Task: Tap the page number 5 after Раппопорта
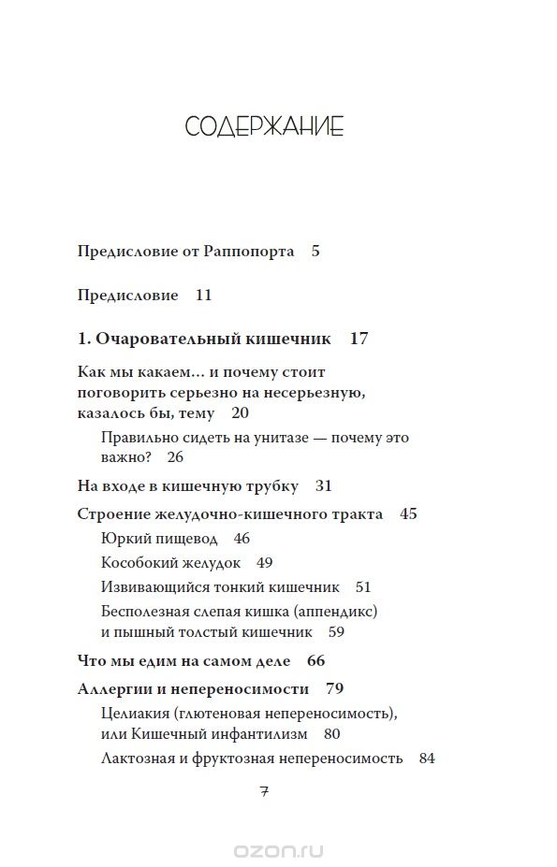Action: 315,251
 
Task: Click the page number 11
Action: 204,296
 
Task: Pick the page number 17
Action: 359,339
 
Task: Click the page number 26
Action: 176,457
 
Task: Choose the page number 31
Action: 324,486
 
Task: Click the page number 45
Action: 408,513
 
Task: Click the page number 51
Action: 363,587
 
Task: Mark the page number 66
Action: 315,660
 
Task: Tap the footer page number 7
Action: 264,790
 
